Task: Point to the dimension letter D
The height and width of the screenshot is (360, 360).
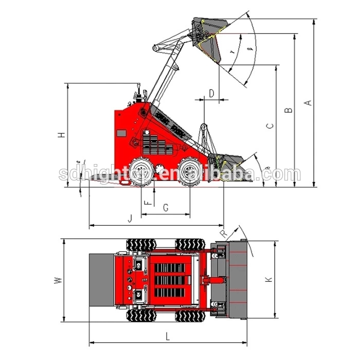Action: pos(211,93)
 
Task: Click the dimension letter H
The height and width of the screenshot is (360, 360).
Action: pos(61,135)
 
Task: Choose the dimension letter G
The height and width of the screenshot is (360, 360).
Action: pos(165,207)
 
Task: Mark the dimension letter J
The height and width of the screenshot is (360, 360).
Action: pos(130,219)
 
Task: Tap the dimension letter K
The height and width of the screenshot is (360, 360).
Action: pos(268,280)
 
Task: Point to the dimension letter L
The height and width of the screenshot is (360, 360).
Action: pos(168,336)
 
